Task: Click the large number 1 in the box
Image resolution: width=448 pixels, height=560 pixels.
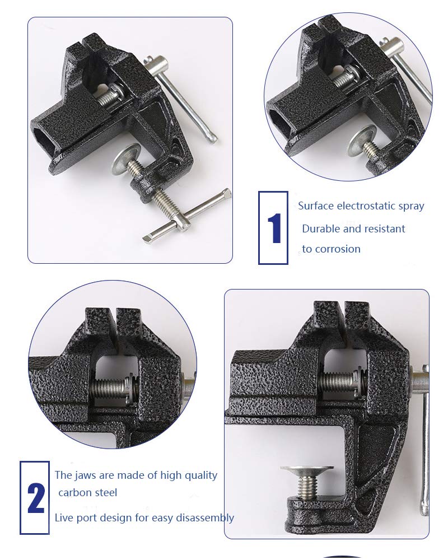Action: pos(274,228)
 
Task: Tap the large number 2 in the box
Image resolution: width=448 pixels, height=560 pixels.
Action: pos(35,497)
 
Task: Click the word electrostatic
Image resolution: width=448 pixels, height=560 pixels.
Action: pos(369,206)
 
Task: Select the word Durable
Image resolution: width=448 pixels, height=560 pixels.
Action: pos(320,228)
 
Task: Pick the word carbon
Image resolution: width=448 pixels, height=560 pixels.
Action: pos(73,493)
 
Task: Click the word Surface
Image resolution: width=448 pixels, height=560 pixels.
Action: pos(316,206)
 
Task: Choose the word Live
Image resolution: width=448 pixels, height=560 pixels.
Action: pos(63,518)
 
